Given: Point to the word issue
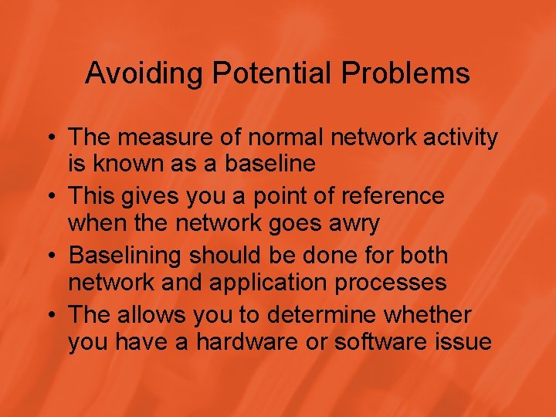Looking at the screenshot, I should pos(463,341).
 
